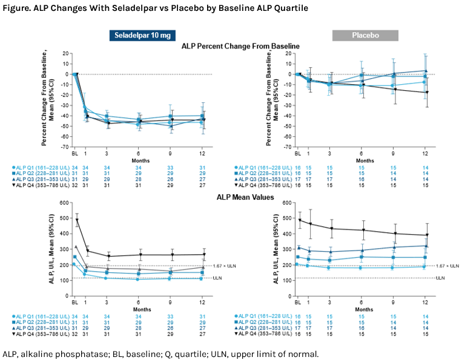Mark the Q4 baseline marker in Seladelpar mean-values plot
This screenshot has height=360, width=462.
76,220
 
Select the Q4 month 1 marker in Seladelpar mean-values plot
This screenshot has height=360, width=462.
86,250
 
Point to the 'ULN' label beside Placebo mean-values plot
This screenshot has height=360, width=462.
440,278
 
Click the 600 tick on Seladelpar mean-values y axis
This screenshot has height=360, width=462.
64,203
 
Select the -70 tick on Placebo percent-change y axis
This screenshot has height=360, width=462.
287,146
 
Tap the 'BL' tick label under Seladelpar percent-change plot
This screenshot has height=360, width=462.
76,154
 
